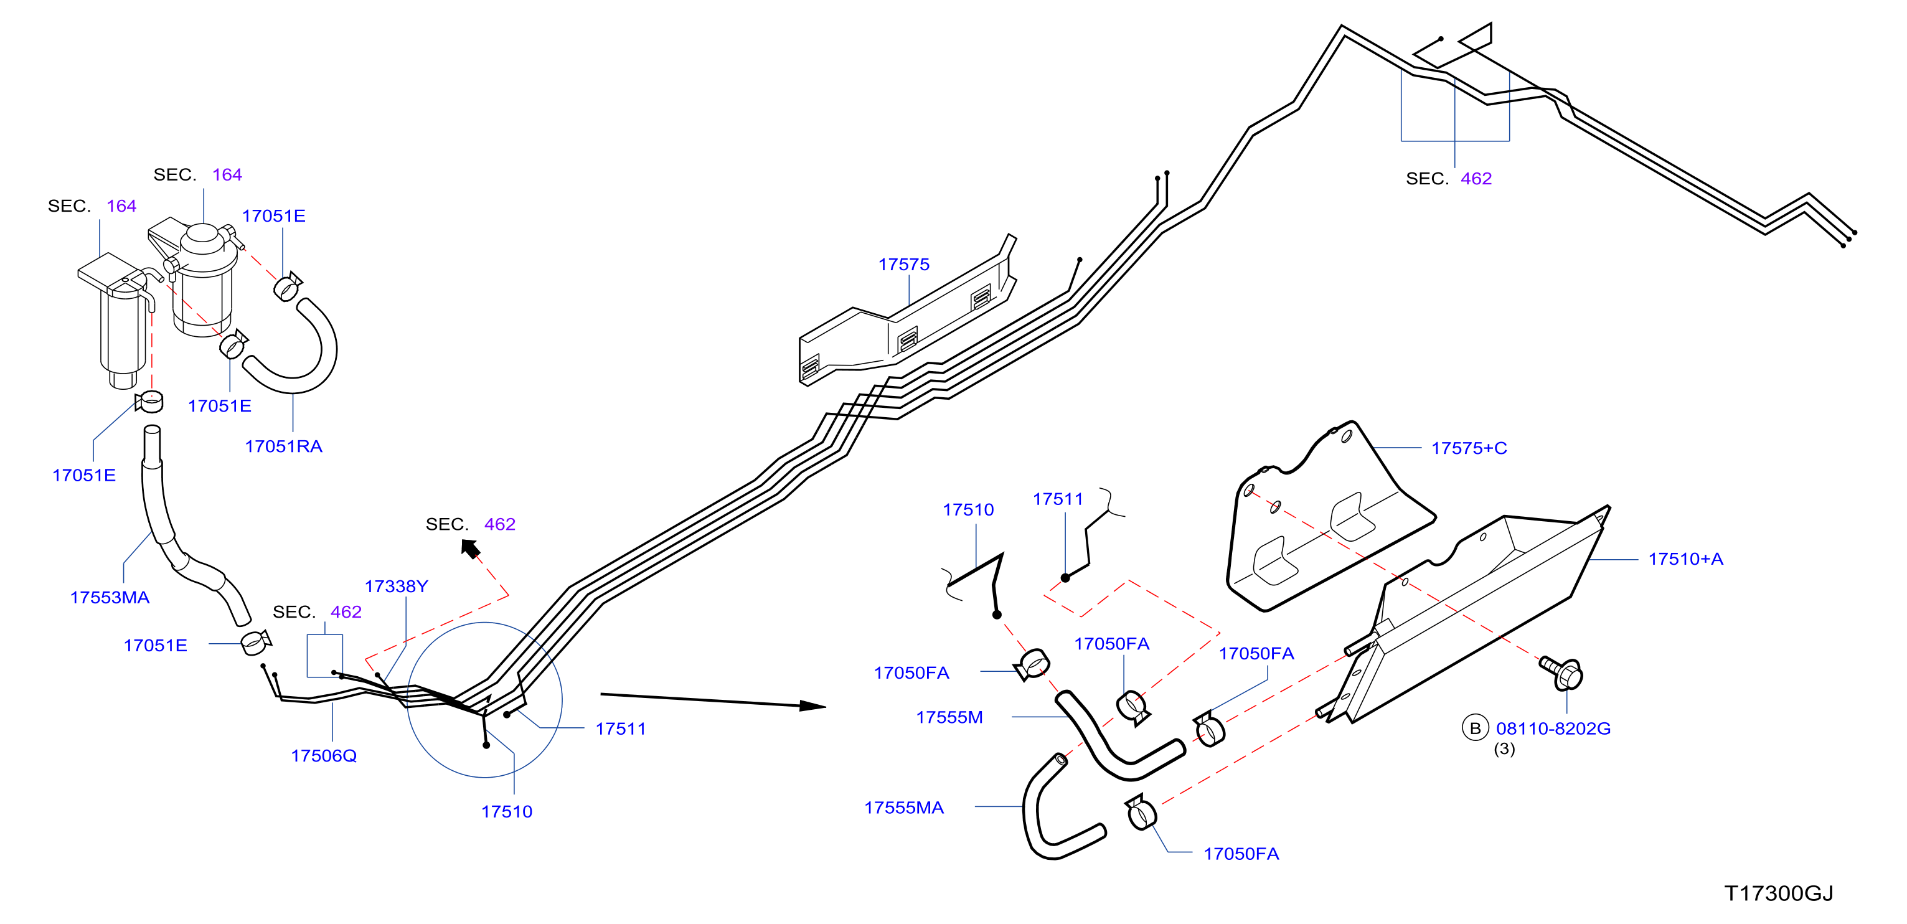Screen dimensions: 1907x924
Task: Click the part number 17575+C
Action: click(1469, 448)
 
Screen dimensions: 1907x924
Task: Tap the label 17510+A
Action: click(1685, 559)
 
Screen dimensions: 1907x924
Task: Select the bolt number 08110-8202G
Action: click(1553, 728)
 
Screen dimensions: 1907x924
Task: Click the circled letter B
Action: click(1475, 728)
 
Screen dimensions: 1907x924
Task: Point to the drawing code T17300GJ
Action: click(1778, 893)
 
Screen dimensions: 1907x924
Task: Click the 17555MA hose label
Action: click(904, 807)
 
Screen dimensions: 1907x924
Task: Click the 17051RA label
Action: click(283, 446)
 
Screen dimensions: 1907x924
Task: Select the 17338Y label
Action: click(396, 586)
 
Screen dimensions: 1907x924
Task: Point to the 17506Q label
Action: click(324, 755)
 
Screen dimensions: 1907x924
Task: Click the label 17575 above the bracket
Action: click(903, 265)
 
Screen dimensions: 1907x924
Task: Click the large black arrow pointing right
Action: click(713, 700)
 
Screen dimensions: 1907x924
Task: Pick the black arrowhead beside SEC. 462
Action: click(471, 549)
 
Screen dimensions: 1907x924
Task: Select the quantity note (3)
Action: click(1504, 748)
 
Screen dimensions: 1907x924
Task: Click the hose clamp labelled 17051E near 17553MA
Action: click(255, 642)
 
